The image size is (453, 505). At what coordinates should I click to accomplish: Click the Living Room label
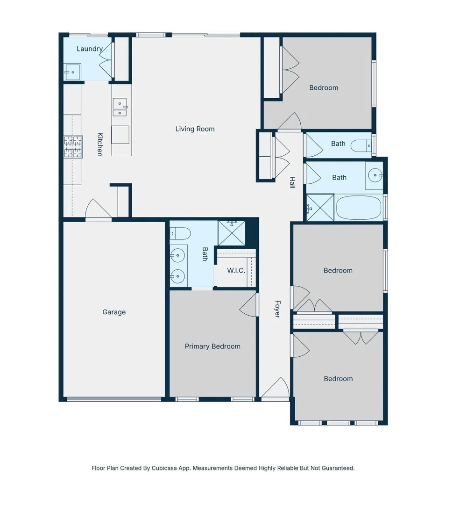195,129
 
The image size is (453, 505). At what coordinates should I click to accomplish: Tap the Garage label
114,312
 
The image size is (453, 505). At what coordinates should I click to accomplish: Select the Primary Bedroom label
212,346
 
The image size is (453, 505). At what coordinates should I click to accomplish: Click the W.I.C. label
236,271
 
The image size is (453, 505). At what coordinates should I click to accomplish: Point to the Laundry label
90,49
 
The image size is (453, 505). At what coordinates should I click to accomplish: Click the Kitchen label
100,144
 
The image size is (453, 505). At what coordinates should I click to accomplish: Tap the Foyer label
278,309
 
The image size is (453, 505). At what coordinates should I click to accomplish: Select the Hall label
292,182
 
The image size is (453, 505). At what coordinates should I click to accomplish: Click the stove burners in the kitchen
73,147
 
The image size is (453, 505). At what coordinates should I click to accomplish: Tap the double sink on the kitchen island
120,107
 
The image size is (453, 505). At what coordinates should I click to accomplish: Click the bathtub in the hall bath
358,208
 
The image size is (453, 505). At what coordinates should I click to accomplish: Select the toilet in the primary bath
180,233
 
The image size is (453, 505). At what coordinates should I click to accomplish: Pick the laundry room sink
72,72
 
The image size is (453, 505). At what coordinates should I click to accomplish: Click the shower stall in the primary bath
232,233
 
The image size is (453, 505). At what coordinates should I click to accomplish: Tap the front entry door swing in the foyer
276,388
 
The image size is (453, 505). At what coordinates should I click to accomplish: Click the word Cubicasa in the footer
164,468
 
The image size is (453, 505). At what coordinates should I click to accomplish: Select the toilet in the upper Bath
361,146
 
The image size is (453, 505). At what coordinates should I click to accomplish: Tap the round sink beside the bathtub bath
375,175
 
